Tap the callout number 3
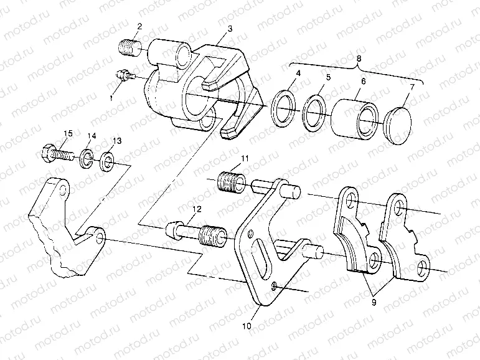(x=230, y=29)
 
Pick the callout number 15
(x=68, y=134)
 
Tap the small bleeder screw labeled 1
(x=125, y=75)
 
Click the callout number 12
(x=197, y=211)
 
